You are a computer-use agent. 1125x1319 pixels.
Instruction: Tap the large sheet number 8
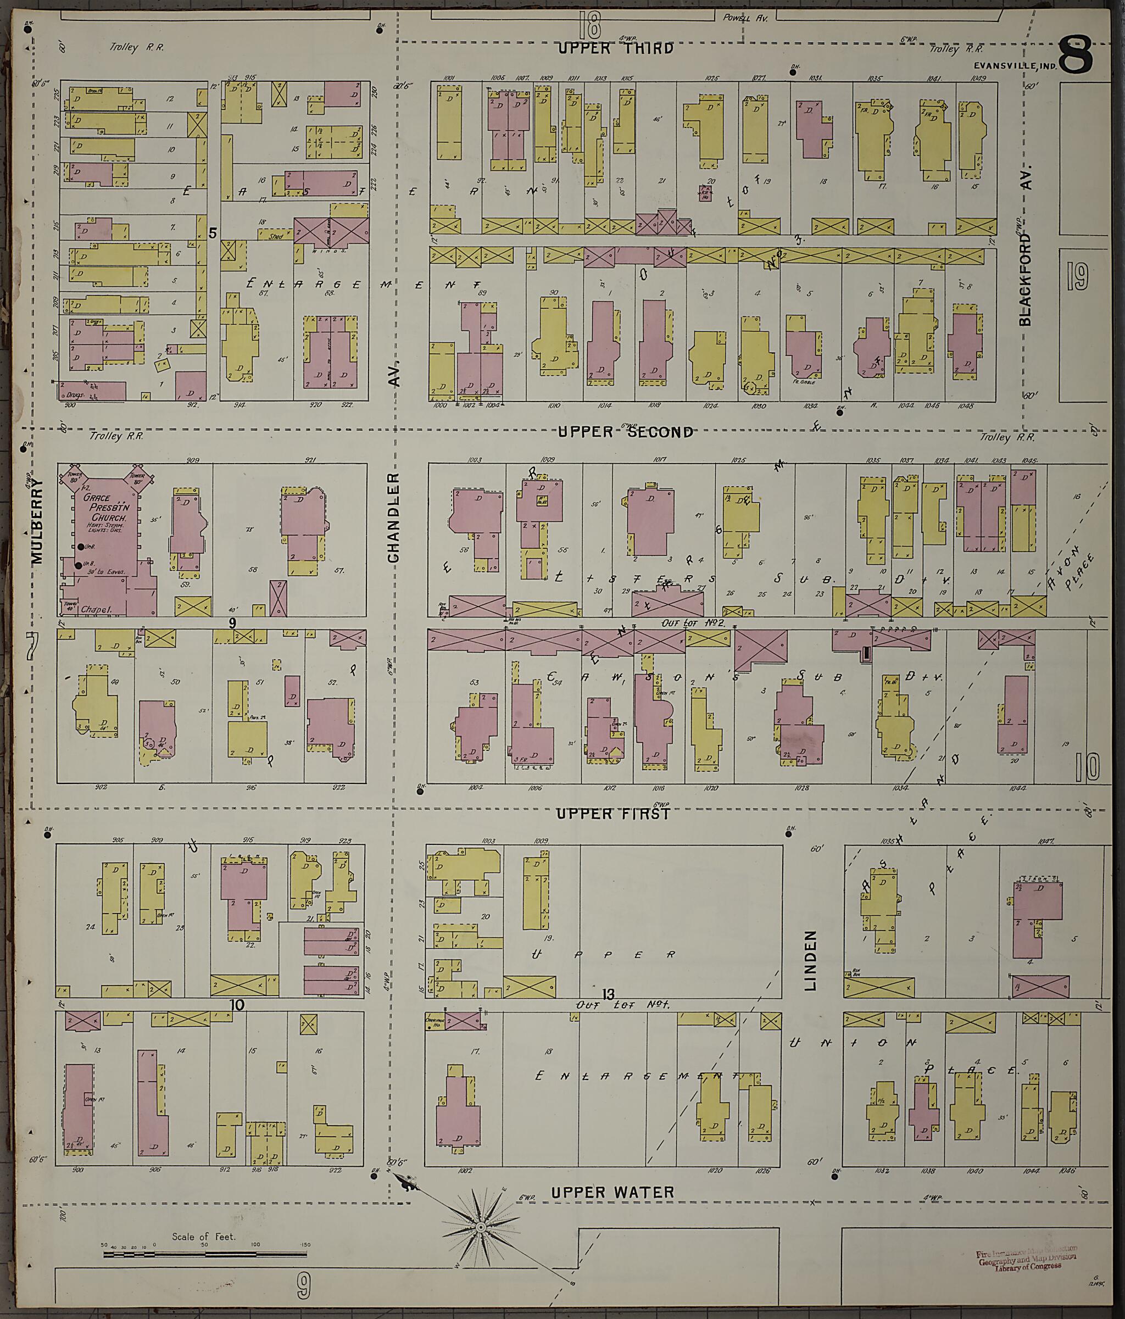click(1076, 56)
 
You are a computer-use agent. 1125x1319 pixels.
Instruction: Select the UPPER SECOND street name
click(625, 432)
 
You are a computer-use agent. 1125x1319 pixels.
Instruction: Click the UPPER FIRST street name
click(612, 814)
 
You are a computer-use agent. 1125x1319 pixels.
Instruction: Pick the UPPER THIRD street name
click(616, 48)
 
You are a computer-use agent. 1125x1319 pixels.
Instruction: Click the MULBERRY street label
click(37, 521)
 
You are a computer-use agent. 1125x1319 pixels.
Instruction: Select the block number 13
click(608, 994)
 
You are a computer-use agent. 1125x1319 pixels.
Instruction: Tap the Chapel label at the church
click(96, 610)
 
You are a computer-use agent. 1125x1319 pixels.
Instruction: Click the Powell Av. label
click(745, 18)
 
